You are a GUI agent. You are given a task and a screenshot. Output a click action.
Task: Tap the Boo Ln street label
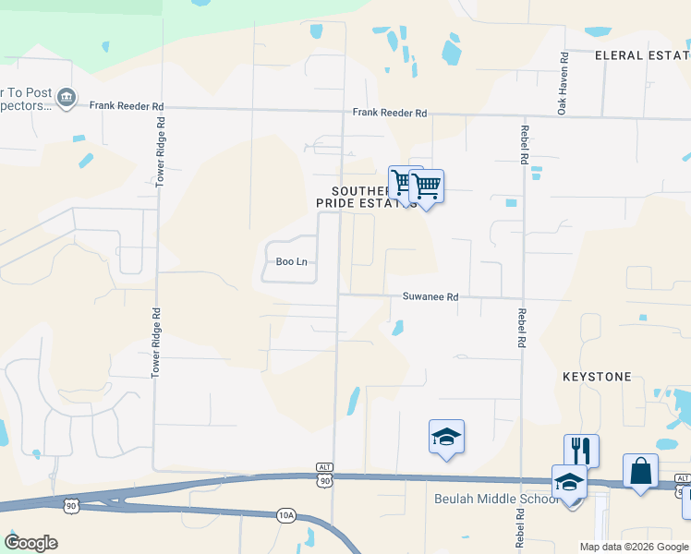click(291, 262)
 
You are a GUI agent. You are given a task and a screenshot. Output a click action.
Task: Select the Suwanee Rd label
click(430, 297)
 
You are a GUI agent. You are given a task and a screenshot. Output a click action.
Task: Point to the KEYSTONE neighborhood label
click(597, 377)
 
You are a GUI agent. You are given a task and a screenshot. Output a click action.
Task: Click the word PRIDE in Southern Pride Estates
click(336, 202)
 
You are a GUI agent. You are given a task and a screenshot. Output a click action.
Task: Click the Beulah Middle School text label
click(497, 500)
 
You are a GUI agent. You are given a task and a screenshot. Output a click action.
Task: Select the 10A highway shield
click(286, 516)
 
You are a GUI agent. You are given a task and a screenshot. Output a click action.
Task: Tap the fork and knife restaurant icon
click(581, 451)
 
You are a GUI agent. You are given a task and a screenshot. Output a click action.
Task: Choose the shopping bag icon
click(640, 471)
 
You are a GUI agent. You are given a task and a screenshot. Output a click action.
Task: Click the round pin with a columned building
click(66, 98)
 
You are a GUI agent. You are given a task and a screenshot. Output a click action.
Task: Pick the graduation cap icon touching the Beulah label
click(569, 482)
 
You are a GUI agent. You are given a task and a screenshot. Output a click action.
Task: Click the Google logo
click(30, 543)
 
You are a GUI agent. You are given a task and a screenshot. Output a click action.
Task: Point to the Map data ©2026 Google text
click(634, 547)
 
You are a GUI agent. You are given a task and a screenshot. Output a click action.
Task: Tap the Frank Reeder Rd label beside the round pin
click(127, 106)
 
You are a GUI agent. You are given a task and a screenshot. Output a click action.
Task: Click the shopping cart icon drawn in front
click(426, 187)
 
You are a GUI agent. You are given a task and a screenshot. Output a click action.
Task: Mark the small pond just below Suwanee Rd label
click(397, 328)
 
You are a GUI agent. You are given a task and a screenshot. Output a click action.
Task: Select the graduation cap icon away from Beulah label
click(446, 437)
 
